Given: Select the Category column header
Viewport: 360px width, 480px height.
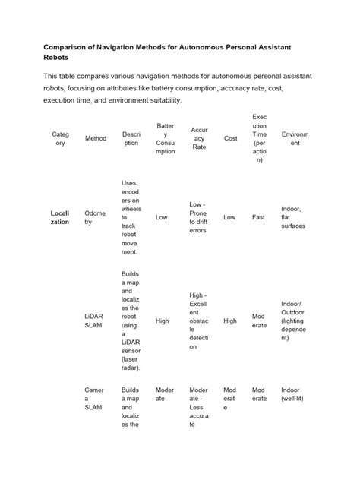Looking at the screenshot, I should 60,138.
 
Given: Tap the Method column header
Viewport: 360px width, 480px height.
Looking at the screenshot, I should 96,138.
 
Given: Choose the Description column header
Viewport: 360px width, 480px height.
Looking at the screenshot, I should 131,138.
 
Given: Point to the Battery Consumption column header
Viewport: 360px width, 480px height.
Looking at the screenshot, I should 165,138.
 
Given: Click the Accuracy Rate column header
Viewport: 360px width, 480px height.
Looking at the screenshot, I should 199,138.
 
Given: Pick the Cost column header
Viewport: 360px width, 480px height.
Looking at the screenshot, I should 230,138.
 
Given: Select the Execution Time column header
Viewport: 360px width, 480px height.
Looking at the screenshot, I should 259,138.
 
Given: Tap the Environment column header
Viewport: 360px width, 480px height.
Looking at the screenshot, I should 295,138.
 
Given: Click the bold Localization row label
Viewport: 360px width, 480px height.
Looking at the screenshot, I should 60,217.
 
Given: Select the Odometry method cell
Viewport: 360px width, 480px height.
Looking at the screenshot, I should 95,217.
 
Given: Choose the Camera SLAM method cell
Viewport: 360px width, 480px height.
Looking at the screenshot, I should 94,398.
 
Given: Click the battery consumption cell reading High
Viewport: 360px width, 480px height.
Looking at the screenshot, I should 162,321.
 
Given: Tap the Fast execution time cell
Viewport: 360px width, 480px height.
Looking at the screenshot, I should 258,217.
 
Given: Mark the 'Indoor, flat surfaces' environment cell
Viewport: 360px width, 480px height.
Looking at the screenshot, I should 295,217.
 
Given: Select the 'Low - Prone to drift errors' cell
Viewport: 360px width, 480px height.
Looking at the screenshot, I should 199,217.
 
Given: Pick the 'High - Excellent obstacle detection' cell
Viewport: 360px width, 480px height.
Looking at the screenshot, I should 199,321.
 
